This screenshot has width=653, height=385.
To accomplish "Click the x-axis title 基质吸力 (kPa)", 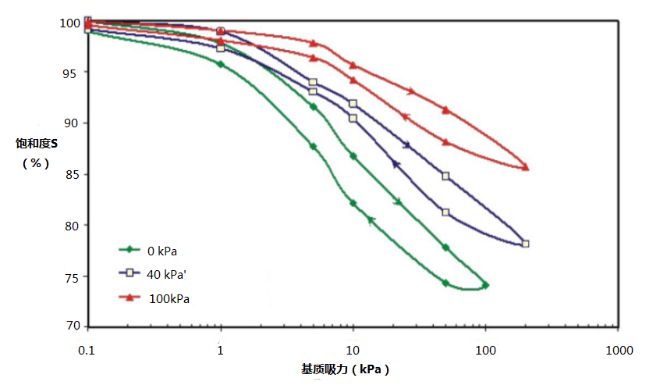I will click(345, 369).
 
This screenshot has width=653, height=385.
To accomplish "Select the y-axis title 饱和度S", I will click(36, 144).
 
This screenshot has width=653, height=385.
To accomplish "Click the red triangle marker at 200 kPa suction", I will click(526, 167).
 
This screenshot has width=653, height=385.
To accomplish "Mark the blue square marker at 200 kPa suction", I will click(526, 244).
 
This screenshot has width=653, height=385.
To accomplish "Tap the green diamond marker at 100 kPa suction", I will click(485, 285).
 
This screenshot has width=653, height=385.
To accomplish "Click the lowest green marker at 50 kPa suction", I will click(445, 283).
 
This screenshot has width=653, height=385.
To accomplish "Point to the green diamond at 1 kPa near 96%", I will click(221, 64).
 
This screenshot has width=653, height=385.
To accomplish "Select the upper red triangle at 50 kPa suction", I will click(445, 110).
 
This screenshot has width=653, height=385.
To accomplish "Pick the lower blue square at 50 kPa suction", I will click(445, 212).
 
